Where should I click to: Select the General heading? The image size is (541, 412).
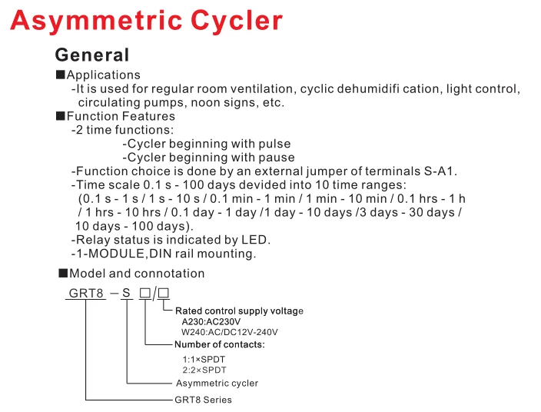tap(91, 55)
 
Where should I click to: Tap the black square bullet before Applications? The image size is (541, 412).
tap(61, 75)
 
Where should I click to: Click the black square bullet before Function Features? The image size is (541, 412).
tap(61, 116)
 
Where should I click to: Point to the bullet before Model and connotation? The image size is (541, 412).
tap(64, 273)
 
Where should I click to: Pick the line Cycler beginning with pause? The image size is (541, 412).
tap(208, 158)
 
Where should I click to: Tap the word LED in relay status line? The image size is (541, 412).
tap(257, 240)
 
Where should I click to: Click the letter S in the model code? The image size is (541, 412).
tap(128, 293)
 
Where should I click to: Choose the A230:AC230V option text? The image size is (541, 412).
tap(211, 321)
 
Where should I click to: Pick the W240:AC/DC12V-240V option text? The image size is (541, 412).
tap(229, 332)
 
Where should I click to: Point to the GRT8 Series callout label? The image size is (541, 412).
tap(203, 400)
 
